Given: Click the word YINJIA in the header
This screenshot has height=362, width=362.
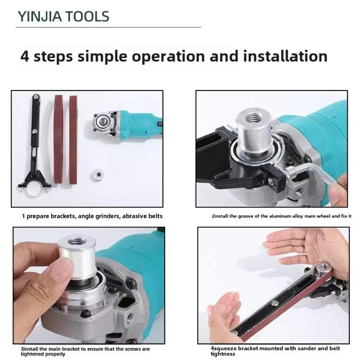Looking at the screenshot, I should [39, 17].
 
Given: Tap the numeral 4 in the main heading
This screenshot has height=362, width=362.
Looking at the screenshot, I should [25, 56].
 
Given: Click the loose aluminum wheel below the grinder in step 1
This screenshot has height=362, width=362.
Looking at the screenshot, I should [97, 174].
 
